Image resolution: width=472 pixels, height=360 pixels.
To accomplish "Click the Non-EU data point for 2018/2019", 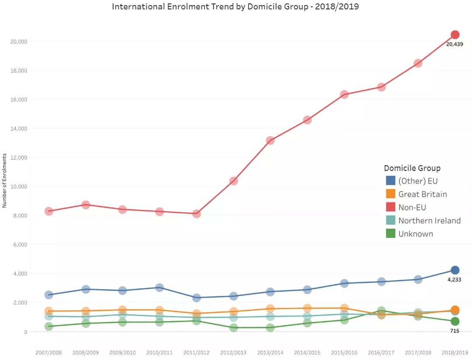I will [455, 35].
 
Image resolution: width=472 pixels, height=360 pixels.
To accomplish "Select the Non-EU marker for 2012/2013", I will [233, 181].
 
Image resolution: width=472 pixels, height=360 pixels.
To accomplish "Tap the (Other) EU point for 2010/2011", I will [160, 287].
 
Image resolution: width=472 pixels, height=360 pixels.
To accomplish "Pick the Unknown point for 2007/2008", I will [49, 326].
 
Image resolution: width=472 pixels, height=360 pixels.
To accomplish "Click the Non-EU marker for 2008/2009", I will [86, 205].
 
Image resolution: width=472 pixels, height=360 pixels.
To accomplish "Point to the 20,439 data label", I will [455, 44].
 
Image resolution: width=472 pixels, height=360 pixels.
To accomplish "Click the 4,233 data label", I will [455, 280].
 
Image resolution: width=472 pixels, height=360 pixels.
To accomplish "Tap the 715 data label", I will [455, 331].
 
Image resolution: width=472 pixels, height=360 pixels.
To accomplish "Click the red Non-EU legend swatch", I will [391, 207].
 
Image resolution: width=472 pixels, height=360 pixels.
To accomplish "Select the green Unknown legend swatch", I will [391, 234].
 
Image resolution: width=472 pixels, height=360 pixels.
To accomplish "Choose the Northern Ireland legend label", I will [429, 220].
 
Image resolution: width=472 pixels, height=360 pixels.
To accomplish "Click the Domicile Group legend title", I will [412, 168].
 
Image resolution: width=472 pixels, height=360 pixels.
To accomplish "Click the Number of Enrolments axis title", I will [4, 180].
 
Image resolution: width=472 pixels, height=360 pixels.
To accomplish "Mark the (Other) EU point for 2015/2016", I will [344, 283].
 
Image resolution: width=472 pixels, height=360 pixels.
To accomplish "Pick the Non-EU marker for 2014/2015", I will [307, 120].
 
